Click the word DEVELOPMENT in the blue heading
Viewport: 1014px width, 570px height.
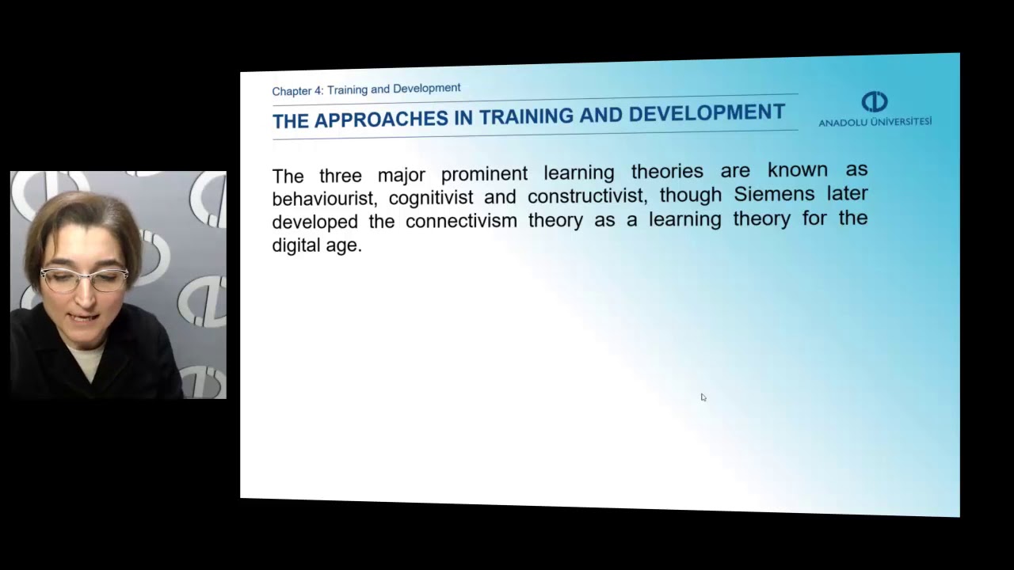707,112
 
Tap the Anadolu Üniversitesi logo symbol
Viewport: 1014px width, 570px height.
875,102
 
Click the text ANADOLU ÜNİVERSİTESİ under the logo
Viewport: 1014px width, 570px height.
875,122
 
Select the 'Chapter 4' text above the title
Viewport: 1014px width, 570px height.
297,91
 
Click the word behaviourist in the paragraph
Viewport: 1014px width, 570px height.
322,198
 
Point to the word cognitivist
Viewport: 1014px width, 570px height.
430,197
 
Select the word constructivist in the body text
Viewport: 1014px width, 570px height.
587,196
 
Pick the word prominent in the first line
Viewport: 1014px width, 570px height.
484,173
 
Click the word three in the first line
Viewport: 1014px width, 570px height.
340,175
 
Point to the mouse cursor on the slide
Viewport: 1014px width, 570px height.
703,397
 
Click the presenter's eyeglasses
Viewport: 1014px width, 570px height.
84,278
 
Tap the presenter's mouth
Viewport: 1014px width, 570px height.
85,318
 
